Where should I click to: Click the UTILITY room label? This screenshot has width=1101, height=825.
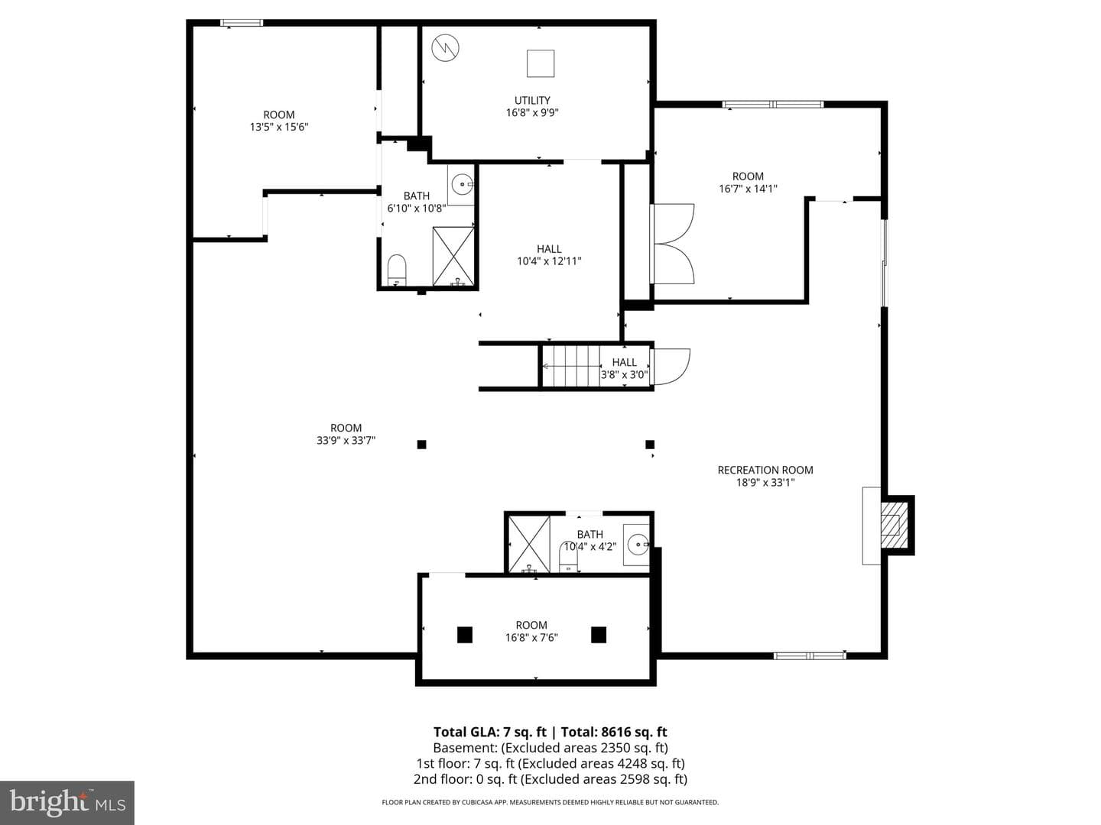click(531, 100)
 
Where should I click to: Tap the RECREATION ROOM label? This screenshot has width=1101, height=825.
click(765, 470)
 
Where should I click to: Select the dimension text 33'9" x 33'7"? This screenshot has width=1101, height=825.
click(346, 440)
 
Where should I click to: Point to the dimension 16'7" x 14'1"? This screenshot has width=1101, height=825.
click(747, 189)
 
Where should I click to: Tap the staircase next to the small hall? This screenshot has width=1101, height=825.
click(571, 366)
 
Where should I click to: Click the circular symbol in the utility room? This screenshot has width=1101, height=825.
click(445, 48)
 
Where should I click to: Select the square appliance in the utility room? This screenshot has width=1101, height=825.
click(541, 63)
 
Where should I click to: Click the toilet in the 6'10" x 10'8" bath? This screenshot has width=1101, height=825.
click(396, 270)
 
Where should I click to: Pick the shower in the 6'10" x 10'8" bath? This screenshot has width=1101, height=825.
click(453, 257)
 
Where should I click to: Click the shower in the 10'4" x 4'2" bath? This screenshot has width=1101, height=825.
click(529, 544)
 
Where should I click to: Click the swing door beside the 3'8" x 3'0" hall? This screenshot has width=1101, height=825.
click(671, 367)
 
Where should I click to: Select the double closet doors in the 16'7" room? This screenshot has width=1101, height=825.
click(672, 244)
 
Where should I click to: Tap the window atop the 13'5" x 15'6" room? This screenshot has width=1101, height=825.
click(242, 23)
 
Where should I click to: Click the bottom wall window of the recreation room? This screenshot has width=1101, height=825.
click(810, 655)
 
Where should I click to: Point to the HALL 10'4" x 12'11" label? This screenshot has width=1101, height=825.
click(549, 254)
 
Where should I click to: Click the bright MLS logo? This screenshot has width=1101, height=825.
click(67, 802)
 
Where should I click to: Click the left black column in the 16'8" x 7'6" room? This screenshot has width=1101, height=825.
click(464, 635)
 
